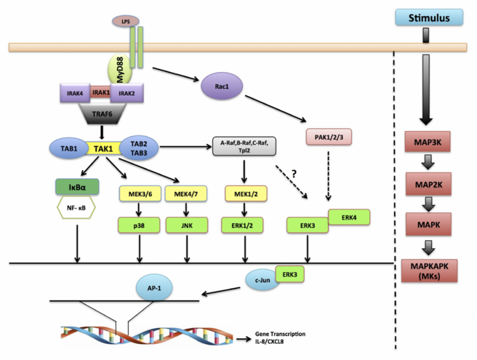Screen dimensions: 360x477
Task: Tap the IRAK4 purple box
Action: coord(73,92)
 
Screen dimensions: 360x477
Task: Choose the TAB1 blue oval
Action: coord(69,147)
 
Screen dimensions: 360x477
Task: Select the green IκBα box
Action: coord(76,185)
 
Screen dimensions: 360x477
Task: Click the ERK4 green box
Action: coord(350,217)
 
